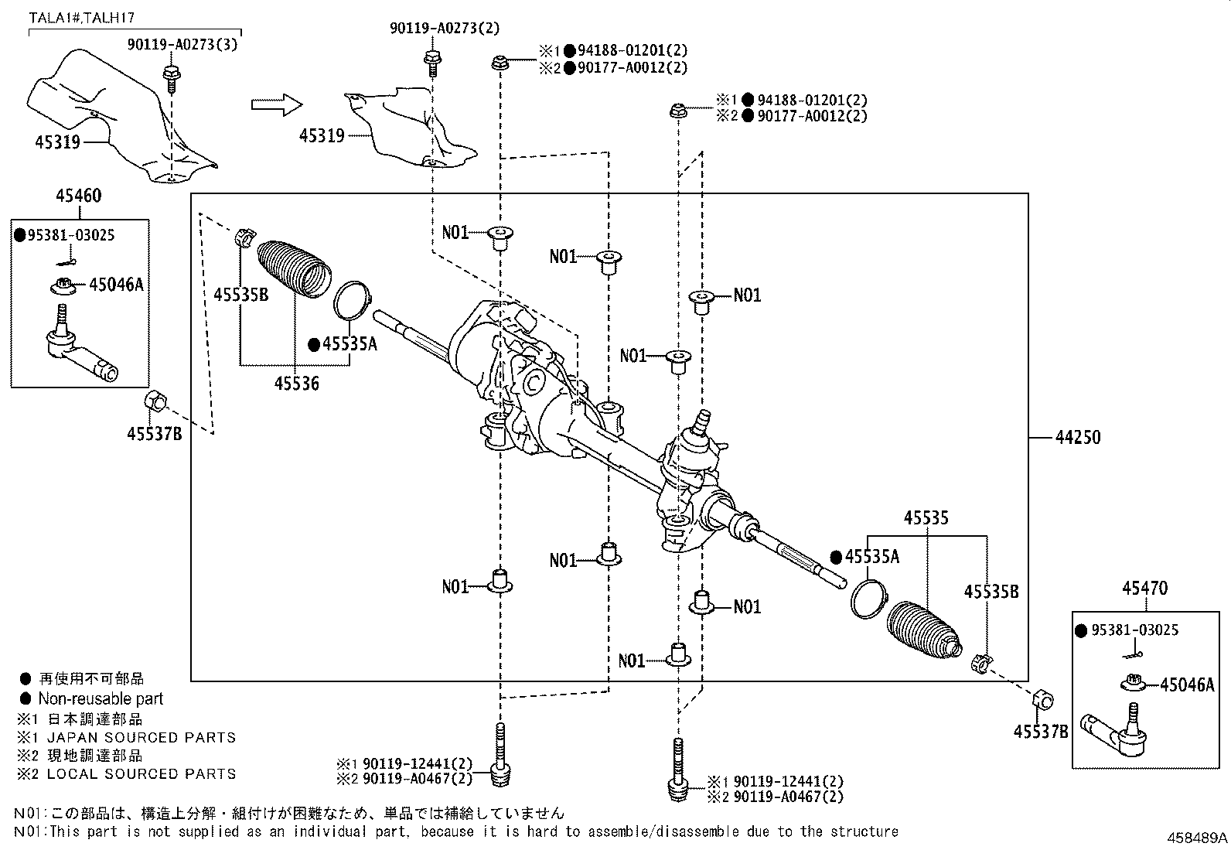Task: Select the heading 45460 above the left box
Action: pos(78,196)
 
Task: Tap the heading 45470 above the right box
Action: pos(1144,589)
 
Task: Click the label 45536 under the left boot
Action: pos(297,383)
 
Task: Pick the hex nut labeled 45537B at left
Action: pos(155,402)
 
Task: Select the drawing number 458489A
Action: pos(1198,838)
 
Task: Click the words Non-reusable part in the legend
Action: pos(101,699)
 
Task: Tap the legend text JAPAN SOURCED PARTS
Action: pos(141,737)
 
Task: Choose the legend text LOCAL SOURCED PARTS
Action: pos(141,773)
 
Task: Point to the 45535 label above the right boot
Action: pos(926,518)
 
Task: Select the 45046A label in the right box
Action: pos(1187,684)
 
